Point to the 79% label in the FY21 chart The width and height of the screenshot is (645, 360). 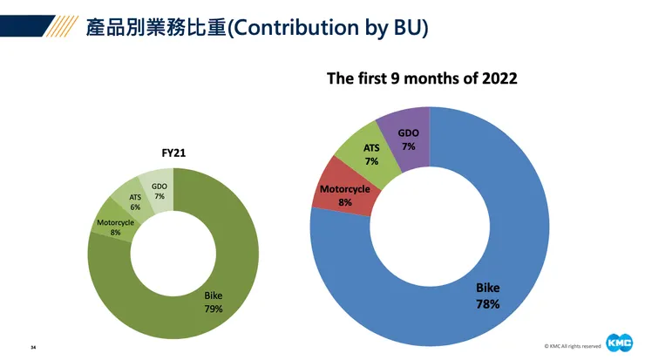point(214,308)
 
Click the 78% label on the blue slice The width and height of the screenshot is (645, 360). point(487,304)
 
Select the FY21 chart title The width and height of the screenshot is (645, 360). point(173,153)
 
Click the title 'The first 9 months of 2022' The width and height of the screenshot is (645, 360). point(422,78)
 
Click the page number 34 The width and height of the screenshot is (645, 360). point(33,347)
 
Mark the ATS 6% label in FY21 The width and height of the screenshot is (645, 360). point(136,202)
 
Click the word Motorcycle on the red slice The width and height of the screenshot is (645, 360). point(345,189)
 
